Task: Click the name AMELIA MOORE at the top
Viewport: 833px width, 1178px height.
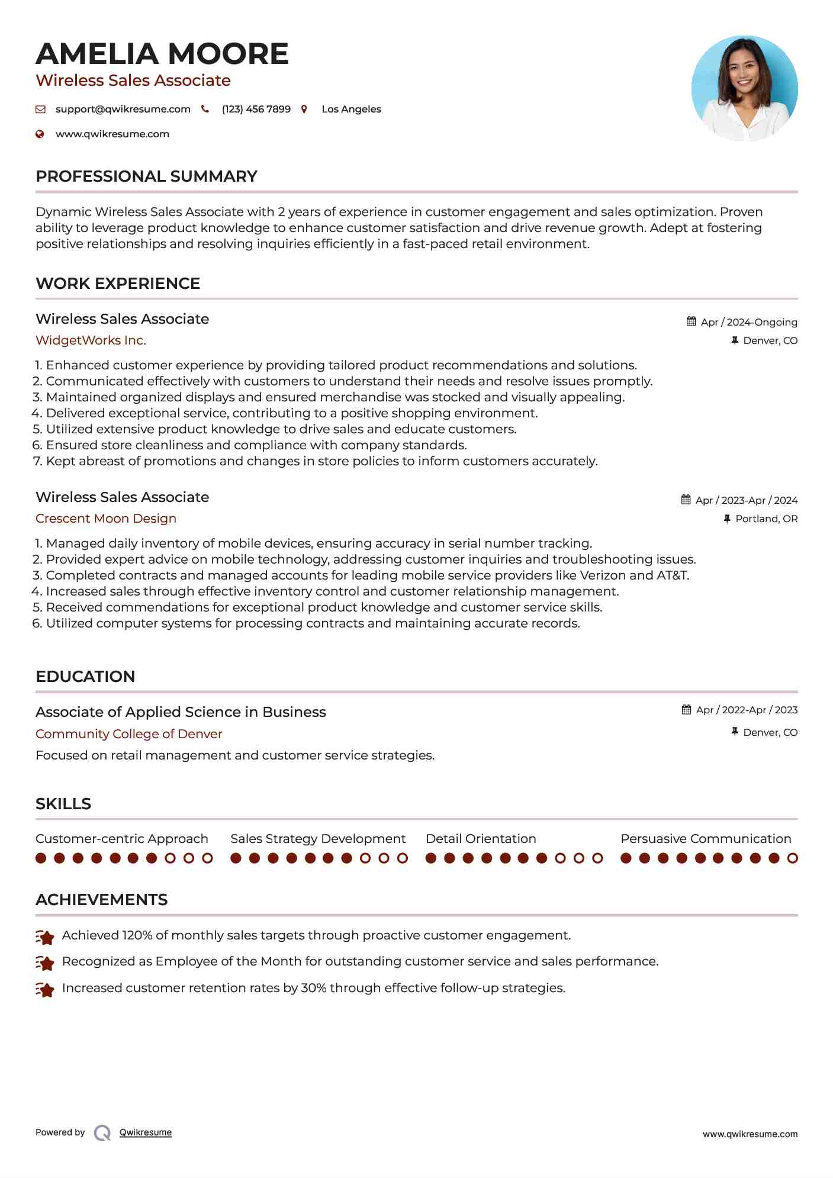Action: [x=162, y=54]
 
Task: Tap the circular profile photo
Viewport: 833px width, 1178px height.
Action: [x=744, y=88]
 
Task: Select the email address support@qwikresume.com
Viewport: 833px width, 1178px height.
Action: [x=123, y=110]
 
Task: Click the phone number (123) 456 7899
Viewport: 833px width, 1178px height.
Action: [x=256, y=110]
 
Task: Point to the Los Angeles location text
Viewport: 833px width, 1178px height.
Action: [x=351, y=110]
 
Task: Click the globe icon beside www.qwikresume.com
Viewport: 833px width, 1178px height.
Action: [x=40, y=134]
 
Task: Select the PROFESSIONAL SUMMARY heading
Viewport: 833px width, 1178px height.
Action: [x=146, y=176]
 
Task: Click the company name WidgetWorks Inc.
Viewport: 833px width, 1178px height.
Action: [x=91, y=340]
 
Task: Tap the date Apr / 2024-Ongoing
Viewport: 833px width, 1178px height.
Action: [x=748, y=322]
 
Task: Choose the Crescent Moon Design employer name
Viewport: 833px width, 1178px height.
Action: [x=106, y=519]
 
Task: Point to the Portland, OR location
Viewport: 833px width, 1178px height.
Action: [x=766, y=519]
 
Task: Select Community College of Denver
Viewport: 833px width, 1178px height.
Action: [x=128, y=734]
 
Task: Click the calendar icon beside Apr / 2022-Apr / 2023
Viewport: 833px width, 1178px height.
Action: [x=687, y=710]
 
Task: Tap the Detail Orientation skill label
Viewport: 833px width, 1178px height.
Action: [x=481, y=839]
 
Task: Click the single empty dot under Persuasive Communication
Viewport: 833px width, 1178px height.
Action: [x=792, y=858]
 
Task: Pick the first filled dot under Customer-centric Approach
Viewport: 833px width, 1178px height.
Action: [x=41, y=858]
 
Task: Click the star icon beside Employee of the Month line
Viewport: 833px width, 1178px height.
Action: [x=45, y=963]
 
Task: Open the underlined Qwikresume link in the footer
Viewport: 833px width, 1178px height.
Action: [x=146, y=1132]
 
